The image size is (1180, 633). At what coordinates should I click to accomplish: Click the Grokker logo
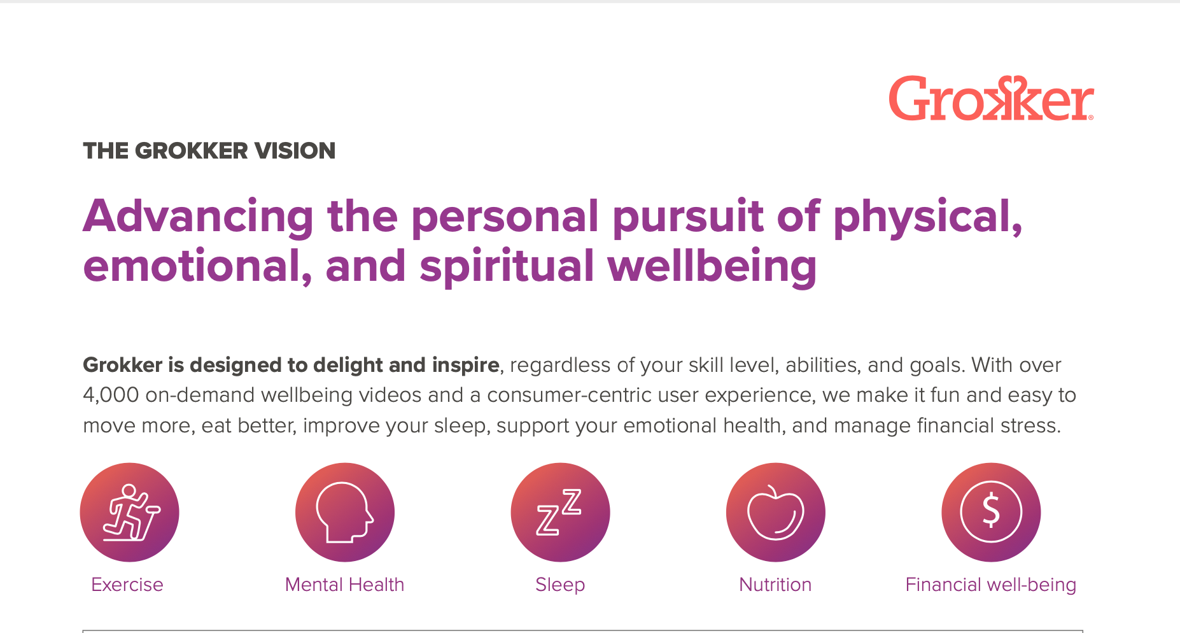992,99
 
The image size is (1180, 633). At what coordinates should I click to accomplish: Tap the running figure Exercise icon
130,512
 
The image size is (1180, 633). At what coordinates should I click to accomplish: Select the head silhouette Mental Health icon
345,512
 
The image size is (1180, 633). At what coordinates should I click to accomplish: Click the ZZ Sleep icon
560,512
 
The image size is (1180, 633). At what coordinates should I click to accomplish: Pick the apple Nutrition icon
776,512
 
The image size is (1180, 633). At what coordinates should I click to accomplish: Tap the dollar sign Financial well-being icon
991,512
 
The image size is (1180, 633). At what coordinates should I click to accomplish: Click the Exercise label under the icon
127,585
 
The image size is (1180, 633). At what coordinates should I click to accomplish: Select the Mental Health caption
344,585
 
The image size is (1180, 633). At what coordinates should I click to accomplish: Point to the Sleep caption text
560,585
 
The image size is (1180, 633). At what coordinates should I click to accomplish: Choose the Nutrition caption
775,585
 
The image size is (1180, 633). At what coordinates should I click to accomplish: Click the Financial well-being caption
991,585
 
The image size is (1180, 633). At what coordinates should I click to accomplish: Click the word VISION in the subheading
295,151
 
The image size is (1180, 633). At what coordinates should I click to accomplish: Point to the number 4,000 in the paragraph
111,395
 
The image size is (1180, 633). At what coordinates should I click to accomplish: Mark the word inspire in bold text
465,366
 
